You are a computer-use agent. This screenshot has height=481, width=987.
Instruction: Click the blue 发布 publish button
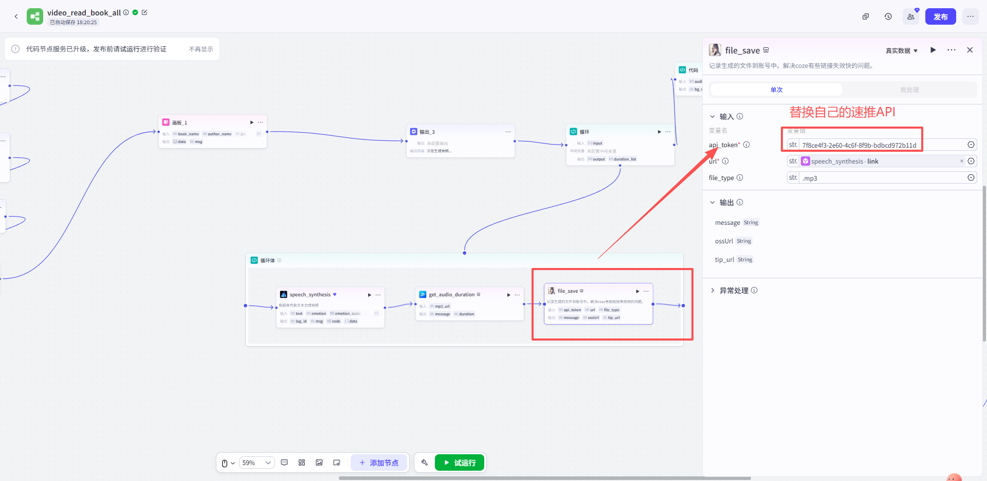(940, 16)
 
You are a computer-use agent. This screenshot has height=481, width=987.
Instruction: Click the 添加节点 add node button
(379, 462)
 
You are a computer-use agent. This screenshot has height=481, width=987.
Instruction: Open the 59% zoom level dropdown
(257, 462)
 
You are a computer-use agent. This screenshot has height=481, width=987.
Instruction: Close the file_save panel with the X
(970, 50)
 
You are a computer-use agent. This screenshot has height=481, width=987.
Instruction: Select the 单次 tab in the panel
(776, 90)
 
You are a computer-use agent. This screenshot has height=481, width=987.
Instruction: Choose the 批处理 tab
(909, 90)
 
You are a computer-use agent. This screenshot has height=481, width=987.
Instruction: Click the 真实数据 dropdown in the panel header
(901, 50)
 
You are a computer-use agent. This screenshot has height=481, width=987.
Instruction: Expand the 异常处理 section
(734, 291)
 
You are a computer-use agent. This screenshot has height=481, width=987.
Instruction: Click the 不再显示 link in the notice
(200, 49)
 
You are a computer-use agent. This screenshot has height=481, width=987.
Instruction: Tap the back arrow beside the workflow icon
(16, 16)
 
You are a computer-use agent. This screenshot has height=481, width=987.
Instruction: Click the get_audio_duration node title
(451, 295)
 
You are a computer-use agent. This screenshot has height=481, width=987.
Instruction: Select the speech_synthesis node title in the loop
(310, 295)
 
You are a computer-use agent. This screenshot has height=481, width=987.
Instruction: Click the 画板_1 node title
(179, 122)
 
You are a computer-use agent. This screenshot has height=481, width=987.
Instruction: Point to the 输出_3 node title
(427, 132)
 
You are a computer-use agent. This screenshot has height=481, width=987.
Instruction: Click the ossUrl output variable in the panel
(724, 241)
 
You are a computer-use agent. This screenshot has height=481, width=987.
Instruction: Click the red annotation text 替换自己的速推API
(842, 112)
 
